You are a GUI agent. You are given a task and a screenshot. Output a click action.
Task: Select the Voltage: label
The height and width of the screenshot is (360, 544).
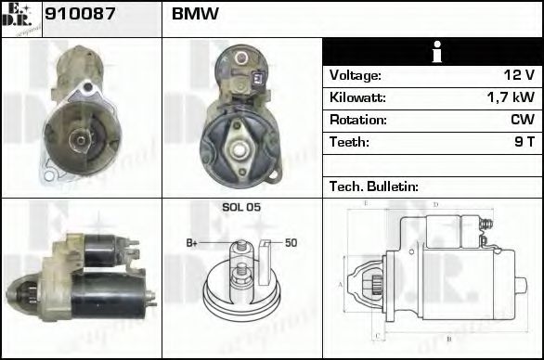coord(356,75)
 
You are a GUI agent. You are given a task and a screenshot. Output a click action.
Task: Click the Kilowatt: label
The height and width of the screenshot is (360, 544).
coord(357,97)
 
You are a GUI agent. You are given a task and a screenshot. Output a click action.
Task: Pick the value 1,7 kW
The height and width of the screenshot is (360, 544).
coord(510,97)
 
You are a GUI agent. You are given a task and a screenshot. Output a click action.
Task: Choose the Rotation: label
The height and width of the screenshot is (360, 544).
coord(357,120)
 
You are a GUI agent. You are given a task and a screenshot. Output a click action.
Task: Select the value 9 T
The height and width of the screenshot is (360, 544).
coord(523,142)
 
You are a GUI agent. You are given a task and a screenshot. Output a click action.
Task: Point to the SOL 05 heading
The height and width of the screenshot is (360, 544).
coord(241,207)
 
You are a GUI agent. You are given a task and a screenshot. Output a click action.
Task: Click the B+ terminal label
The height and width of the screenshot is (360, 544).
coord(192,243)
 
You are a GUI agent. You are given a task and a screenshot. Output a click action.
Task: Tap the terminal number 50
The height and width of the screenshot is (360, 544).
coord(291,243)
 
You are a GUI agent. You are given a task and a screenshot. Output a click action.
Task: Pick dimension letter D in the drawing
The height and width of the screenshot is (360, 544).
coord(435,203)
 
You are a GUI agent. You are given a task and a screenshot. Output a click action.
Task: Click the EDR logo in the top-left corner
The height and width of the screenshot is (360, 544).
coord(20,19)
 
